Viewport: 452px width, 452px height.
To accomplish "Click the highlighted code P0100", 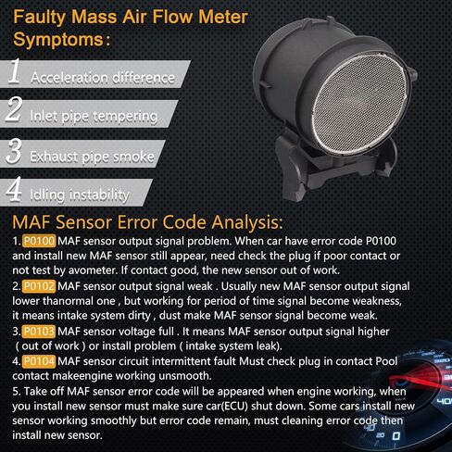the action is pyautogui.click(x=39, y=241).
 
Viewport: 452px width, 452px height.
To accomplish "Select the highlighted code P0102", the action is pyautogui.click(x=39, y=286).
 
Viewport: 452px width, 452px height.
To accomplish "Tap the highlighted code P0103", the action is pyautogui.click(x=39, y=332).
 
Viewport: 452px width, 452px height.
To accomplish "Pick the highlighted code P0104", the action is pyautogui.click(x=39, y=361).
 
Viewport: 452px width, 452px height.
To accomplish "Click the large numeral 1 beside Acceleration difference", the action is pyautogui.click(x=15, y=71).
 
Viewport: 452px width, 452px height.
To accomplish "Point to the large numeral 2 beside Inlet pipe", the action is pyautogui.click(x=14, y=108).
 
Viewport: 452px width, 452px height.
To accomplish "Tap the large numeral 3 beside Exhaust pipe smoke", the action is pyautogui.click(x=14, y=151).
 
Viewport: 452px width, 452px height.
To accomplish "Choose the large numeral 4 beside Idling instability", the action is pyautogui.click(x=14, y=189).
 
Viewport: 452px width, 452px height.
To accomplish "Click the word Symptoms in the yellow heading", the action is pyautogui.click(x=58, y=40).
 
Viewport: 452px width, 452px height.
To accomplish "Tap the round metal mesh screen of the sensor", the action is pyautogui.click(x=359, y=104).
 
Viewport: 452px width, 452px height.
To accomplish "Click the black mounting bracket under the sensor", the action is pyautogui.click(x=333, y=167).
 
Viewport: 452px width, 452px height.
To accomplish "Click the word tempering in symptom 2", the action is pyautogui.click(x=125, y=117).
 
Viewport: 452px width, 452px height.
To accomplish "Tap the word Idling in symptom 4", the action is pyautogui.click(x=47, y=195).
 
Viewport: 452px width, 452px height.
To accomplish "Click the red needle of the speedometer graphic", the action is pyautogui.click(x=420, y=383).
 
